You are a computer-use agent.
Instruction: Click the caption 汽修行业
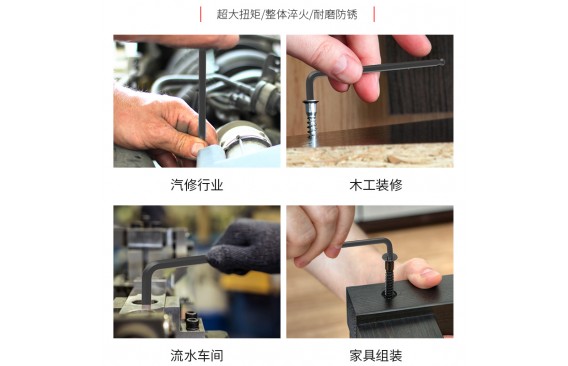(x=197, y=185)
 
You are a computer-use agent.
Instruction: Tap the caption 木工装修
(x=376, y=185)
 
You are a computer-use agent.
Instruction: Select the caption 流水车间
(x=197, y=355)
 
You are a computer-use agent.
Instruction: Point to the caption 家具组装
(x=376, y=355)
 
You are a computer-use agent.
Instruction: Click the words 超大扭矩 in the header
(x=238, y=14)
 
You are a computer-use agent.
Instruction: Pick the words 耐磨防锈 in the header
(x=335, y=14)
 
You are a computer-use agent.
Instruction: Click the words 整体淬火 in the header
(x=287, y=14)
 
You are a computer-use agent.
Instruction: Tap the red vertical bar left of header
(x=201, y=14)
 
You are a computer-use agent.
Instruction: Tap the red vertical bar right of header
(x=374, y=14)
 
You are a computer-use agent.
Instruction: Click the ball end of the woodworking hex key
(x=442, y=62)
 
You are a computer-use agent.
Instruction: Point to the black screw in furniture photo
(x=389, y=276)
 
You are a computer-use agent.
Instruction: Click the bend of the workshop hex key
(x=148, y=269)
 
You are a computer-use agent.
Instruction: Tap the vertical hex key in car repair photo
(x=202, y=95)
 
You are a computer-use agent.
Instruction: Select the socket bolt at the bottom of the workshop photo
(x=192, y=320)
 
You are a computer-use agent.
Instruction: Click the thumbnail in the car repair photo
(x=199, y=149)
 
